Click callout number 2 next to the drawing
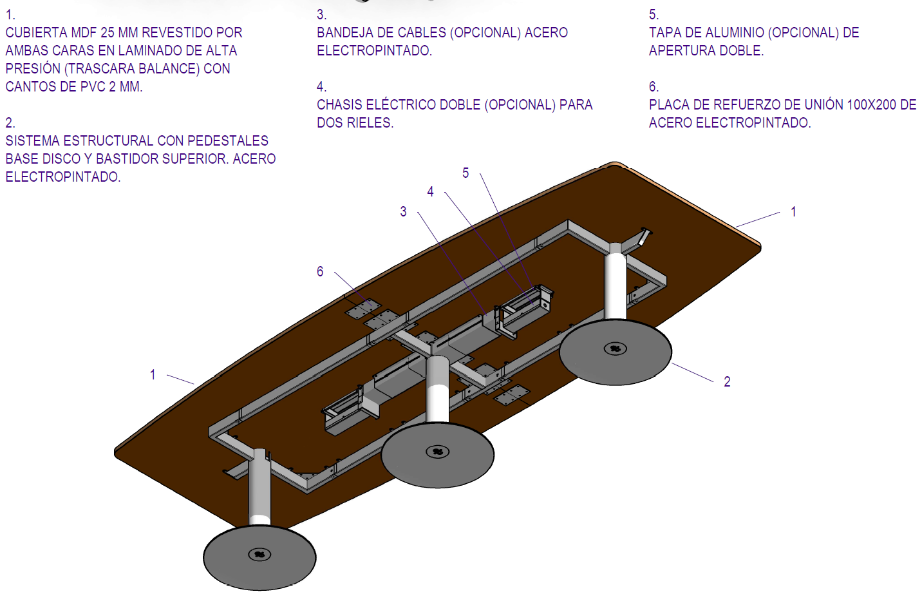727,382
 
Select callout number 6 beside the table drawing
320,272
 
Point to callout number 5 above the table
466,173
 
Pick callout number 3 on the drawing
403,212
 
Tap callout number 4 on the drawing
430,192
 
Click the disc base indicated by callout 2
615,353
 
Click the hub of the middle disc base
438,452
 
